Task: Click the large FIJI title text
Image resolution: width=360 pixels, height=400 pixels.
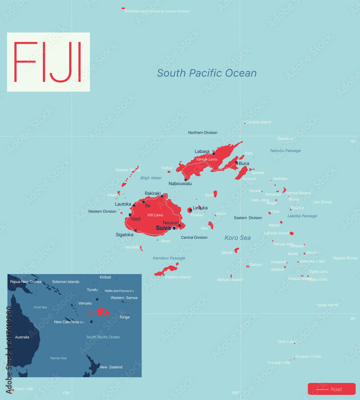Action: point(48,62)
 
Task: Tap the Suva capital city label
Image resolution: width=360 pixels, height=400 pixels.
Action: point(163,228)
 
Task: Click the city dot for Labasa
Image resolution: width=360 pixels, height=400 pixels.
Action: point(213,154)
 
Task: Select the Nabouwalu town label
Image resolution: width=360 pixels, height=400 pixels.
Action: point(180,184)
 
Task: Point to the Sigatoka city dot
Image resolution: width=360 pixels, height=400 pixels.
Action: point(136,230)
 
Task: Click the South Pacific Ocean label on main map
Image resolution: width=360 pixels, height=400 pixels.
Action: point(207,73)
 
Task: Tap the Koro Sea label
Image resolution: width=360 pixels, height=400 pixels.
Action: point(237,238)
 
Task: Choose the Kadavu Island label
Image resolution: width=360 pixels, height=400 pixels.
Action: point(177,277)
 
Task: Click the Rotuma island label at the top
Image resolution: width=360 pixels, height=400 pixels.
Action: point(131,11)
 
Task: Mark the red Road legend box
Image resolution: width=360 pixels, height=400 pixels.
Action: point(331,389)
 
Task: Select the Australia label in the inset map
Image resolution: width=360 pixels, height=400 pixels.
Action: point(22,337)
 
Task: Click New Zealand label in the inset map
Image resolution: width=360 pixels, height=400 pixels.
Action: point(111,367)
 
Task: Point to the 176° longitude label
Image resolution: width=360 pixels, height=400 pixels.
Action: point(66,393)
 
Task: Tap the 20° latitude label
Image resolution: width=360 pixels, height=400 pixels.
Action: point(353,319)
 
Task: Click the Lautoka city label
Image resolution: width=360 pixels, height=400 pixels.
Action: point(123,204)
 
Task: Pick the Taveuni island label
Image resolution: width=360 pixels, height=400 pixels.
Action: point(249,179)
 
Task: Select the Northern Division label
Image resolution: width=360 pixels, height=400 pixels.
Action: point(203,132)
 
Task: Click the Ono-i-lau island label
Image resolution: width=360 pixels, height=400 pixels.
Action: point(286,342)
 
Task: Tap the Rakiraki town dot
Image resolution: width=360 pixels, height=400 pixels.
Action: point(162,196)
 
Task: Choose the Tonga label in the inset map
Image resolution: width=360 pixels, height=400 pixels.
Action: point(124,317)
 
